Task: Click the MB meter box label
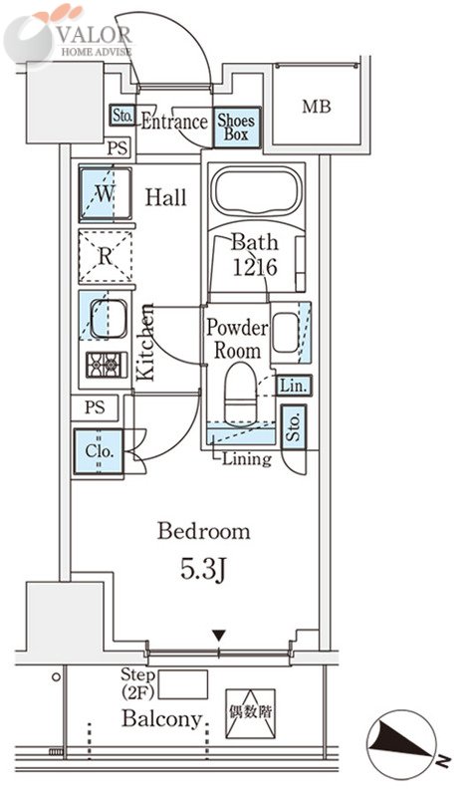point(317,107)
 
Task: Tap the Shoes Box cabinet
point(236,128)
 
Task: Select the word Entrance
point(174,122)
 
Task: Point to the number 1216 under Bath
point(255,267)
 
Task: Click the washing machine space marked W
point(106,193)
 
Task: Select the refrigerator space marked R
point(106,257)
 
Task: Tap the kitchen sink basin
point(109,318)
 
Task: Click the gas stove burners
point(107,365)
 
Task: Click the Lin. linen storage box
point(294,386)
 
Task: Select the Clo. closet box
point(99,451)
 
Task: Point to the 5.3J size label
point(203,570)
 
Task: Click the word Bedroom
point(204,531)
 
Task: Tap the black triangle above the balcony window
point(219,636)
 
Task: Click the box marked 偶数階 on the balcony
point(250,713)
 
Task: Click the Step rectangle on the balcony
point(183,684)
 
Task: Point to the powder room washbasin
point(285,333)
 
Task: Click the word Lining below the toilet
point(247,459)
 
